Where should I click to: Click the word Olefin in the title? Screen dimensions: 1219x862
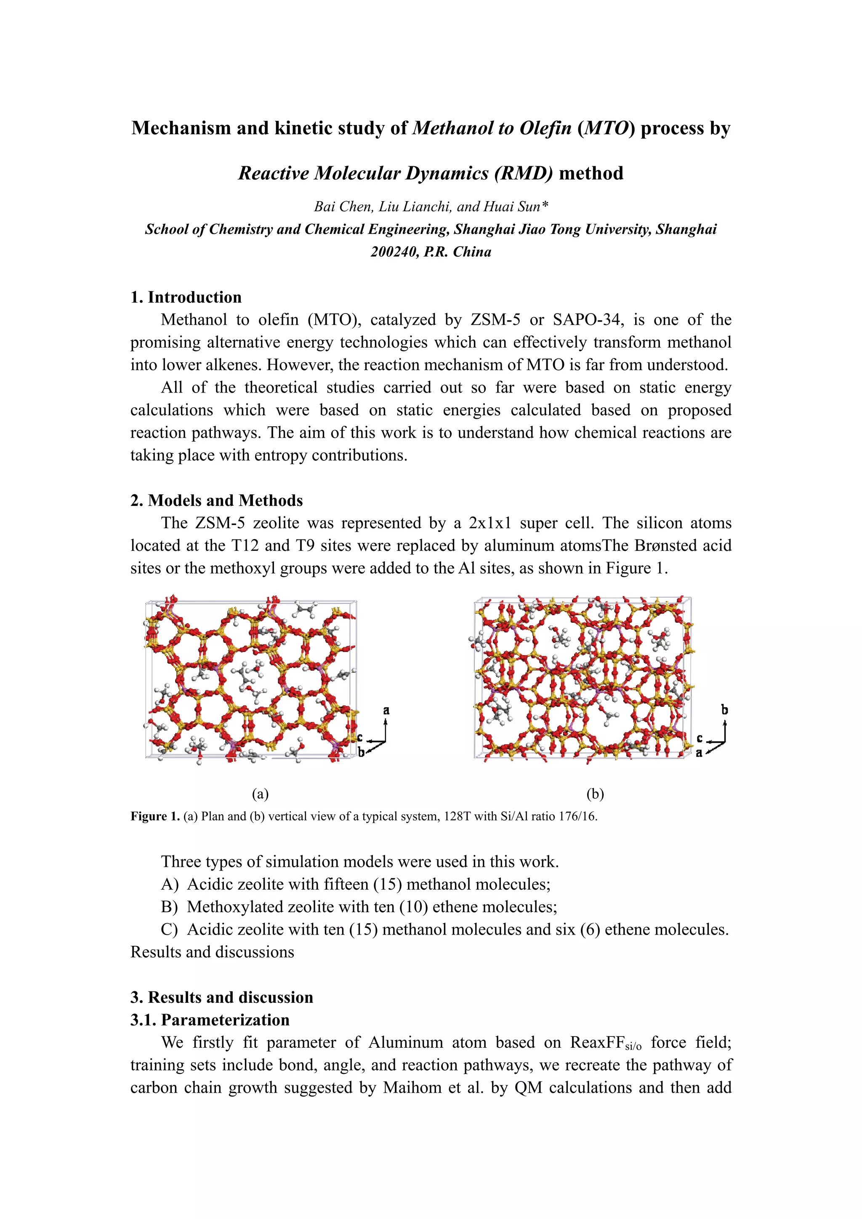pos(545,128)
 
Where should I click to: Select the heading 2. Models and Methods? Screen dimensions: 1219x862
pos(217,500)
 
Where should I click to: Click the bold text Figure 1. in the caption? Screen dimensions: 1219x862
pos(155,816)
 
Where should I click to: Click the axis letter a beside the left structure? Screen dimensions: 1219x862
pos(386,710)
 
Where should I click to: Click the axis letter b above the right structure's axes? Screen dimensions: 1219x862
pos(724,709)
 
